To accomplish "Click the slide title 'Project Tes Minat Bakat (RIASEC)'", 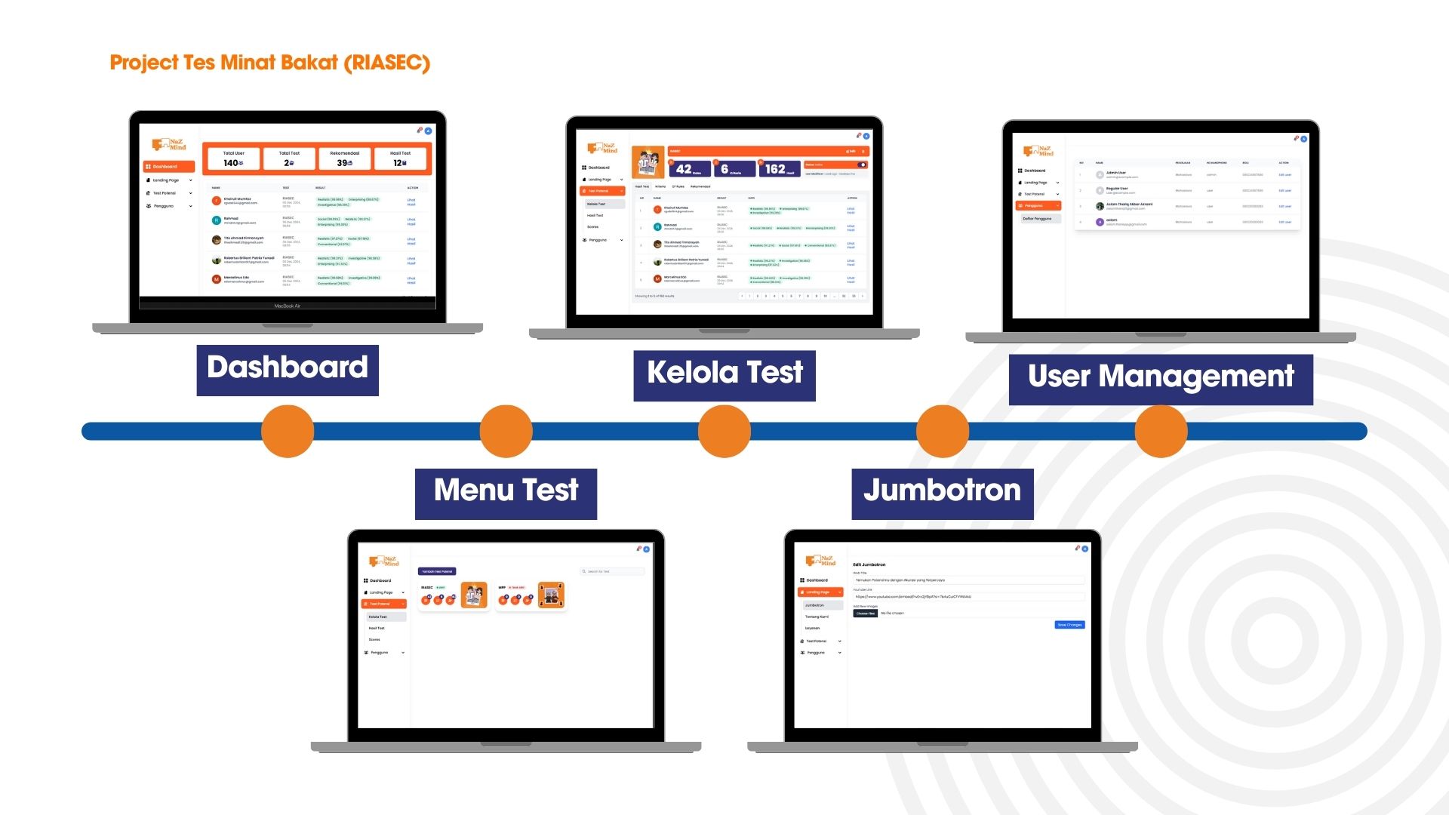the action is [269, 63].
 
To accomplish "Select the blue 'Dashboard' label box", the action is [288, 370].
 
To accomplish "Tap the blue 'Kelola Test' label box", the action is [724, 375].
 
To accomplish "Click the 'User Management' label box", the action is [1161, 379].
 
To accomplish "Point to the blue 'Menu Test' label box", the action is [506, 494].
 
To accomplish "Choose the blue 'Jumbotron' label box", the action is [942, 494].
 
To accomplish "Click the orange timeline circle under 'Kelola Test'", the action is [724, 432].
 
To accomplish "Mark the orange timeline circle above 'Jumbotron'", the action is [943, 432].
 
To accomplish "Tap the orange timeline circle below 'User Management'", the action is [1161, 432].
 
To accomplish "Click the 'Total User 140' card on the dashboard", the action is [233, 158].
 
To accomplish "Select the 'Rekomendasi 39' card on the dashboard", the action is [345, 158].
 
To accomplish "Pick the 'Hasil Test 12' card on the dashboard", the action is [400, 158].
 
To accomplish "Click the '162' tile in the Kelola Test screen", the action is [780, 169].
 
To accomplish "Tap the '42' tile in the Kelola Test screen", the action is [689, 169].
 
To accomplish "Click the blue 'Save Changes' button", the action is [1069, 625].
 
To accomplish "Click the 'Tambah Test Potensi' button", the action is [437, 571].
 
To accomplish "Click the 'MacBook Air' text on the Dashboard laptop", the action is [287, 306].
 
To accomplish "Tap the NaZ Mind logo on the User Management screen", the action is [1038, 151].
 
